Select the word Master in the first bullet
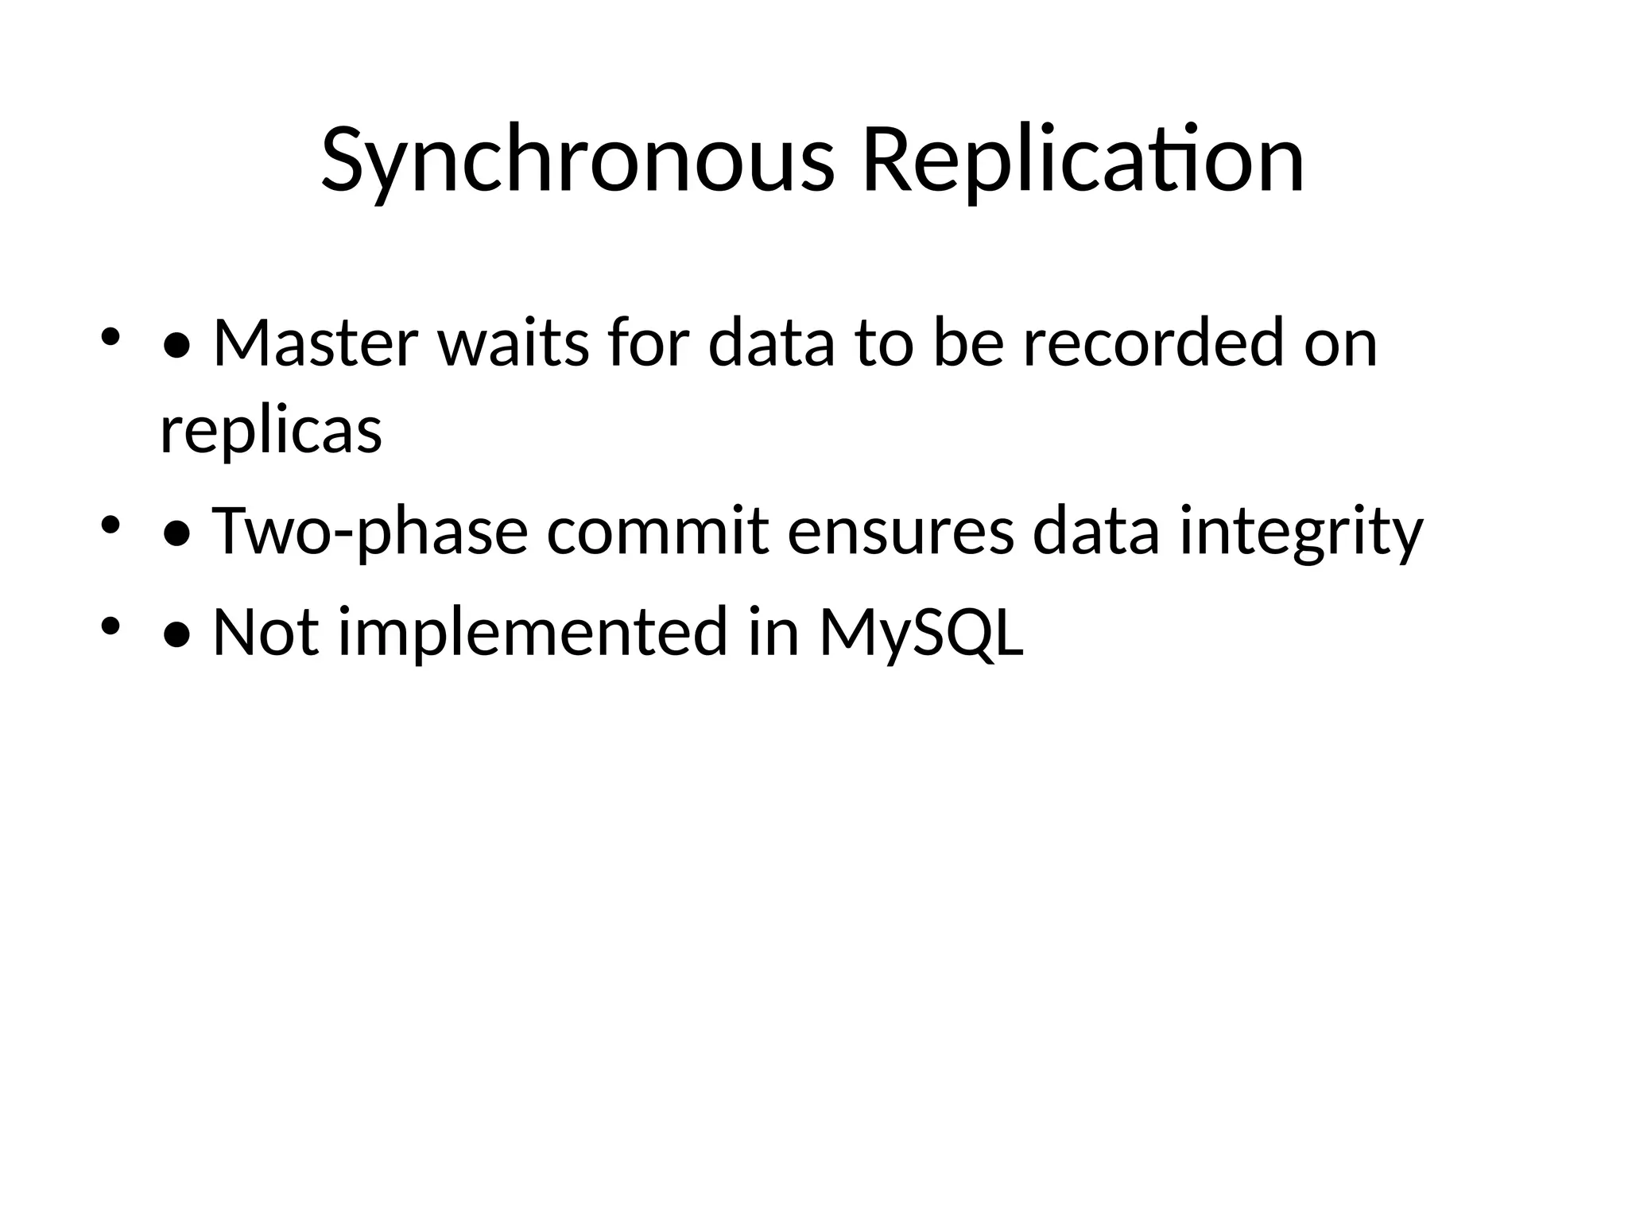point(315,343)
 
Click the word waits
point(514,343)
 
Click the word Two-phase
point(370,531)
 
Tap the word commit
point(658,531)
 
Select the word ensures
point(901,531)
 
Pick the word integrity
point(1300,531)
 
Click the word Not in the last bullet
point(266,632)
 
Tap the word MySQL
point(921,632)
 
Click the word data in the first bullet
point(772,343)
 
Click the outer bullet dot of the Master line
point(110,338)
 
